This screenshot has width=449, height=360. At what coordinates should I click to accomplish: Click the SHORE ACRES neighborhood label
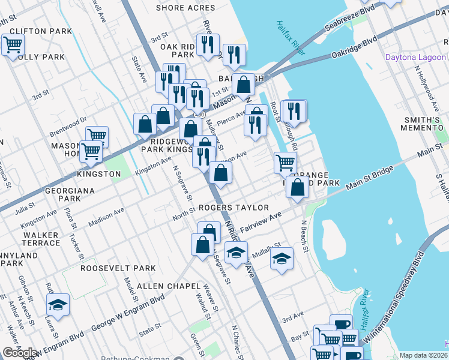click(185, 8)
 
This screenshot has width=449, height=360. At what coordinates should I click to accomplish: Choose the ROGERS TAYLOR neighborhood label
click(234, 208)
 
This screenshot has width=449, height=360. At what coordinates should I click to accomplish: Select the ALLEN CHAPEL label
click(166, 286)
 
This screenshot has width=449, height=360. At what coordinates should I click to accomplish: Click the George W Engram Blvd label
click(128, 313)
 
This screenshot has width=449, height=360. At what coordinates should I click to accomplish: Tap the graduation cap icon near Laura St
click(58, 305)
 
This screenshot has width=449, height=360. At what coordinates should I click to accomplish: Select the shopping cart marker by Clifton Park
click(13, 44)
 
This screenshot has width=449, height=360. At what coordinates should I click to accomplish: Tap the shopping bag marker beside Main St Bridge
click(298, 187)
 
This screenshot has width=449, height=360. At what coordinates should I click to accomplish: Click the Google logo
click(19, 353)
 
